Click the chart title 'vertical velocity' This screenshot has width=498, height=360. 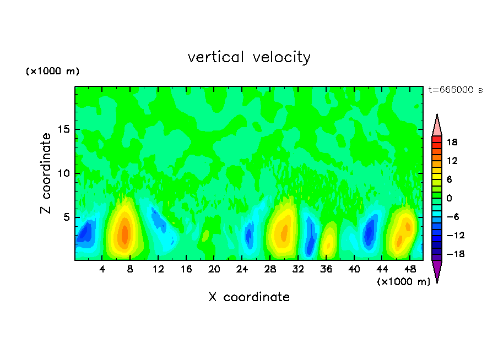[249, 57]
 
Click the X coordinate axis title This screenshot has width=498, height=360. [249, 297]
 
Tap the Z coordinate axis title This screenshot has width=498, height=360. [46, 173]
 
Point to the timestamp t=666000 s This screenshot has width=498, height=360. [455, 90]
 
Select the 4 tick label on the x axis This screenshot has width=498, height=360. [102, 269]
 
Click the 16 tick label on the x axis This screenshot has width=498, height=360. [186, 269]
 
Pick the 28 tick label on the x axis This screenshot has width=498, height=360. [270, 269]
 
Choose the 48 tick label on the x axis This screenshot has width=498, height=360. [410, 269]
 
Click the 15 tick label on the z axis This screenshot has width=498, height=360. [63, 130]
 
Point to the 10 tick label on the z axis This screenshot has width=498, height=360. [63, 173]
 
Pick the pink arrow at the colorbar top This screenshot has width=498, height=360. [437, 126]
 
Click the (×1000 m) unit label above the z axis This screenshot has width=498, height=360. [53, 72]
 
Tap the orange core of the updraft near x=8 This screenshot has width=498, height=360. [124, 232]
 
